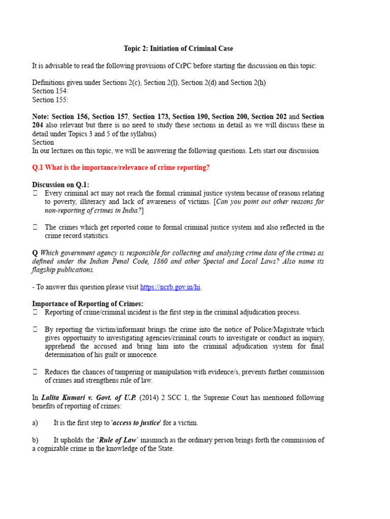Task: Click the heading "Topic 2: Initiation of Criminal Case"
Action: tap(178, 49)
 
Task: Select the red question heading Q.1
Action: tap(121, 168)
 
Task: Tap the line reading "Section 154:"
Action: tap(50, 91)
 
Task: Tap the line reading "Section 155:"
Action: tap(50, 100)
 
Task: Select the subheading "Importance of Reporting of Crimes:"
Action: tap(84, 304)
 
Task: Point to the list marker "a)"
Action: tap(35, 423)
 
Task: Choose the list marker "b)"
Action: tap(35, 440)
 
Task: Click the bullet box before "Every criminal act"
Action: tap(35, 193)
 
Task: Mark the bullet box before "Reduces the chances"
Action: tap(35, 372)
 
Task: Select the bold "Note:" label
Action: tap(41, 117)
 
